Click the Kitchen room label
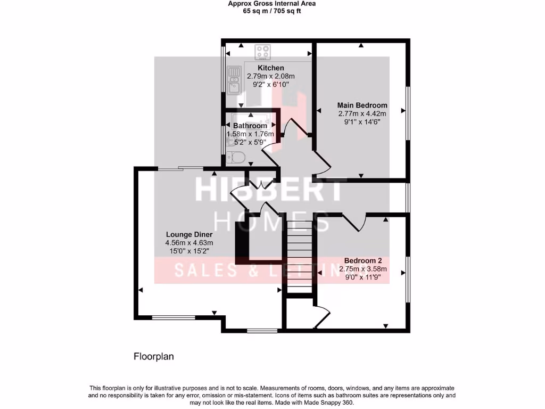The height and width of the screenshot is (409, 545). (271, 68)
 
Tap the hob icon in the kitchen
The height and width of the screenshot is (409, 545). (262, 52)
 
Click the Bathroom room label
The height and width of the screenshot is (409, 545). (250, 126)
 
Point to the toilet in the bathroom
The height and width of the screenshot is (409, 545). (235, 157)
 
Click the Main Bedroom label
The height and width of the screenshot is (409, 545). (362, 105)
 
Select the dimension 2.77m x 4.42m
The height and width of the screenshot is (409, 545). (362, 113)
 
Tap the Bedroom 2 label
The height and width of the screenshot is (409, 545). (363, 261)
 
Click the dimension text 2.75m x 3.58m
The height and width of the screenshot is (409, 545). (363, 269)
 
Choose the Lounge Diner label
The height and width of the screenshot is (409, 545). (189, 234)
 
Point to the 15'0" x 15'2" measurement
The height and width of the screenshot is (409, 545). (189, 251)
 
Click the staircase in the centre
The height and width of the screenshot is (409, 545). (299, 256)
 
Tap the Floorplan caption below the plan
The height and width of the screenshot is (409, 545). (154, 356)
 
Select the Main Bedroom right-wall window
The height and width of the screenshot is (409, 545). (408, 113)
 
